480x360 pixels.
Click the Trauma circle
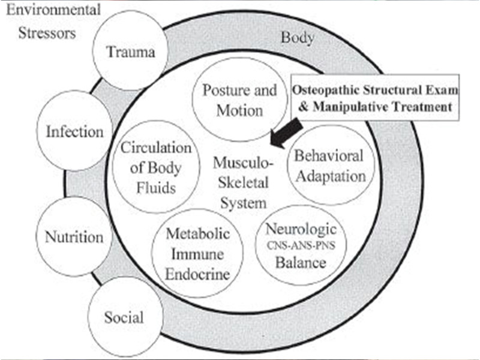[x=130, y=52]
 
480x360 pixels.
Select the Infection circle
[x=75, y=131]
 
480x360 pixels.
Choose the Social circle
[x=124, y=316]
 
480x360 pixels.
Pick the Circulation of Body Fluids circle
[x=155, y=167]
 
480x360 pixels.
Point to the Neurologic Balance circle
[x=301, y=247]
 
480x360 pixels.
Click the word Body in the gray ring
[x=297, y=38]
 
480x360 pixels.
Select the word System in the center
[x=243, y=203]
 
